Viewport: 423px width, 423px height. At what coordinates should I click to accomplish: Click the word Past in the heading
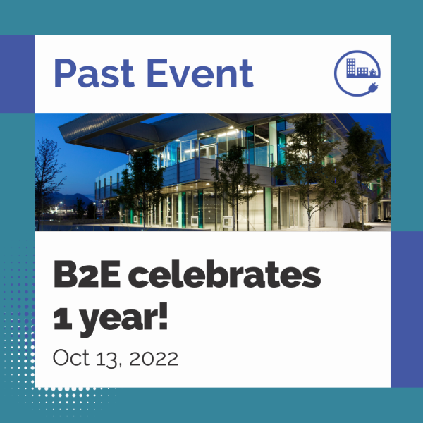pos(94,73)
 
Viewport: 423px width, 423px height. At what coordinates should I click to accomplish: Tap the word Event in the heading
pos(200,73)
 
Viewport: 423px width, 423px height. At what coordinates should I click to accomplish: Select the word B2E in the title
pos(87,274)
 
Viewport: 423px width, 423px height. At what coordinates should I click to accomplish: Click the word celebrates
pos(224,274)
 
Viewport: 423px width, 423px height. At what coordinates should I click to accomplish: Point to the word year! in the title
pos(124,319)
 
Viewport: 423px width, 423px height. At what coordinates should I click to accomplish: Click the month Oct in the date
pos(71,357)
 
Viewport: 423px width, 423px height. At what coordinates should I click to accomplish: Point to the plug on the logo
pos(373,87)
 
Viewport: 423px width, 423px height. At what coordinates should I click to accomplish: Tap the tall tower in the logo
pos(351,67)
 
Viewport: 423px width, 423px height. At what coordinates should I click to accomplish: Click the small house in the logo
pos(373,73)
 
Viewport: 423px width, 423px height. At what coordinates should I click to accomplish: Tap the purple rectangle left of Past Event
pos(18,74)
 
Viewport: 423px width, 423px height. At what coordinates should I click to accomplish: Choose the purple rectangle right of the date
pos(407,309)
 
